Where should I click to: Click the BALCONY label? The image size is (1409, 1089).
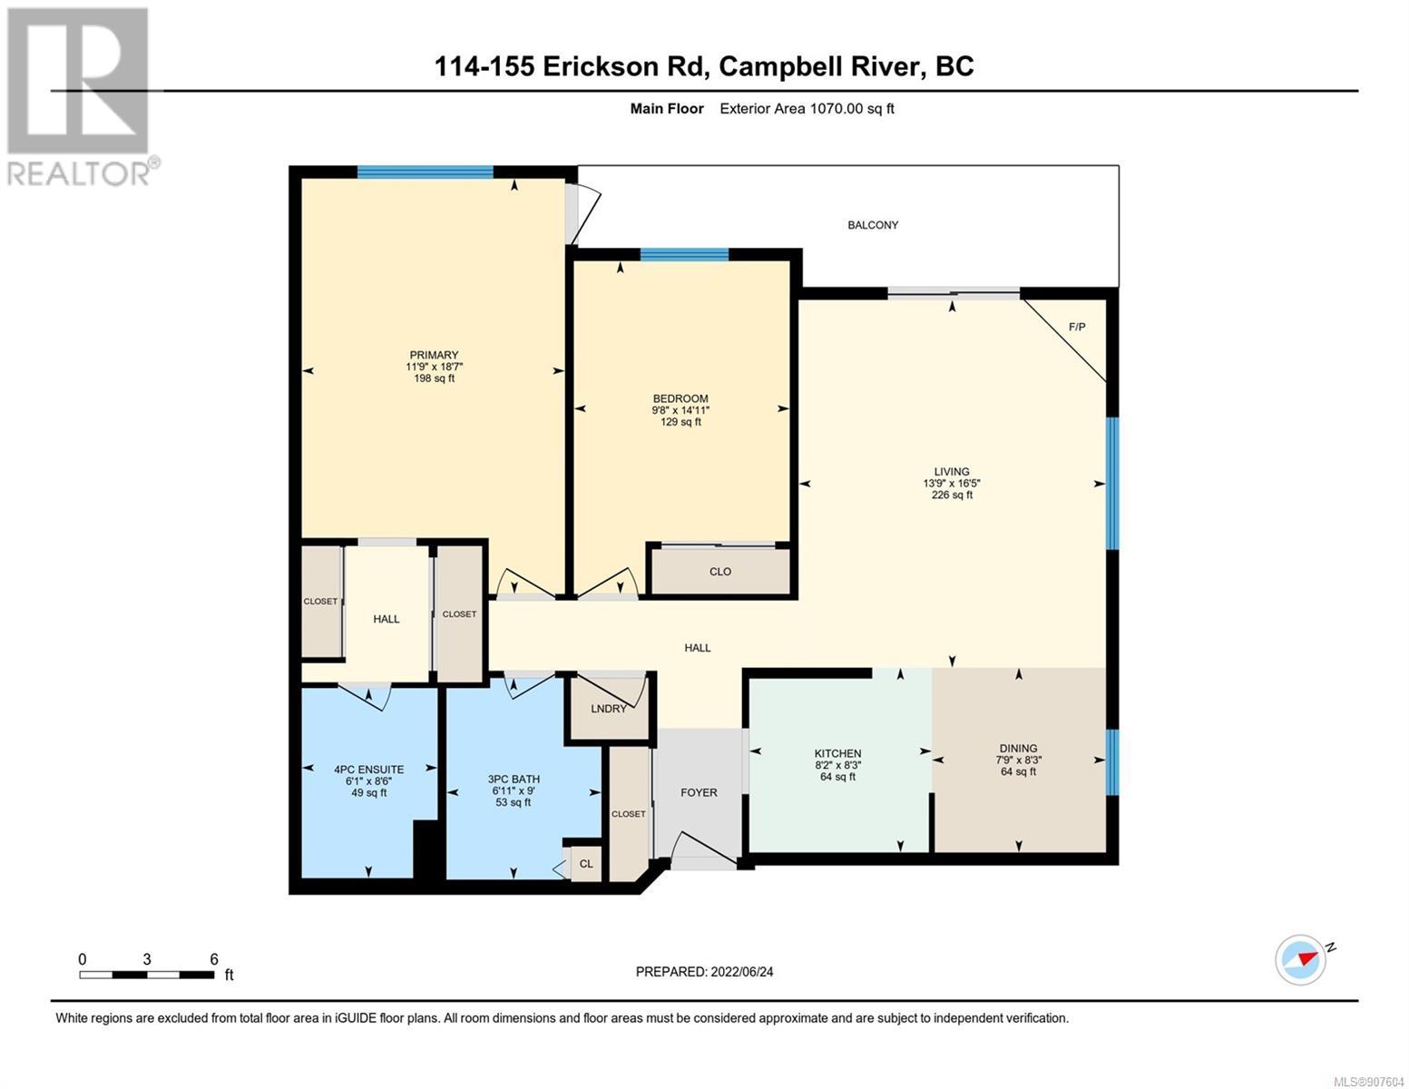[x=872, y=225]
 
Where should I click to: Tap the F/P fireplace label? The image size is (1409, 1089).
[x=1076, y=327]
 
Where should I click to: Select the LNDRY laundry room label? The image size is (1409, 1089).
[x=608, y=709]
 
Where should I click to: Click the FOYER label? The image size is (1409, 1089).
[x=699, y=792]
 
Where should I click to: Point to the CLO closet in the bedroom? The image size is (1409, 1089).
[x=719, y=572]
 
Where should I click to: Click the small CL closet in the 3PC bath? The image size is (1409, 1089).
[x=585, y=864]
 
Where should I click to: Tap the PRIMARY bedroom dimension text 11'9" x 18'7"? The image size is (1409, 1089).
[x=434, y=367]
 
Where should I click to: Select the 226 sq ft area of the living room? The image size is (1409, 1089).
[x=952, y=495]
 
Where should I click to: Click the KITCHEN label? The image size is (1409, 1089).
[x=837, y=753]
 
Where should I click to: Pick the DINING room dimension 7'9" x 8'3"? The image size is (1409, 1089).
[x=1018, y=760]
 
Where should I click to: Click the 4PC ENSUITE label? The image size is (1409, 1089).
[x=369, y=770]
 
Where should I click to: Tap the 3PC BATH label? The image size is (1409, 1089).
[x=514, y=780]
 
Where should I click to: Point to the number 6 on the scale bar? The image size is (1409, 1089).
[x=214, y=959]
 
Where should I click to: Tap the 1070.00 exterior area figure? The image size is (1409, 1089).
[x=837, y=109]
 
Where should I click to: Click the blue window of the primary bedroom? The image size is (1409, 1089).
[x=425, y=172]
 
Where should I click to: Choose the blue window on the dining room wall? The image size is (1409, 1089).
[x=1112, y=763]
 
